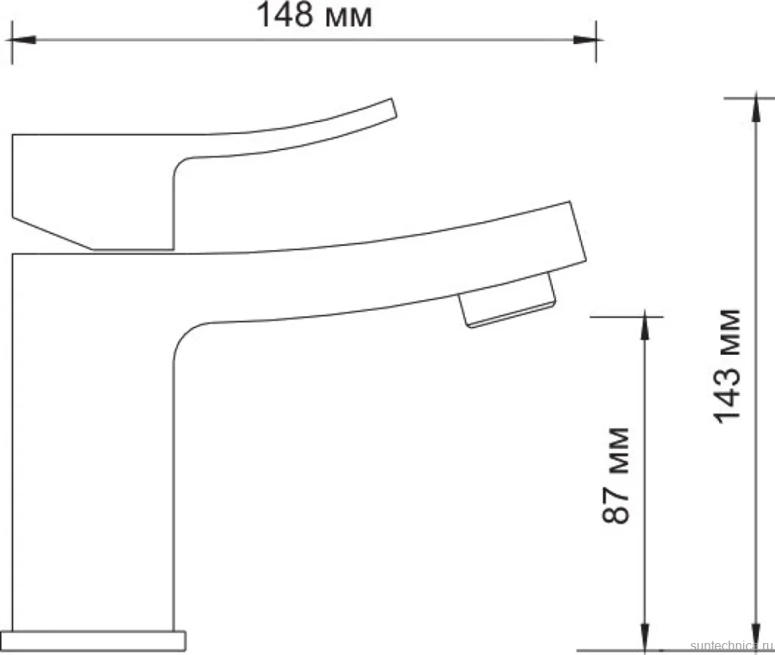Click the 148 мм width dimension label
point(314,15)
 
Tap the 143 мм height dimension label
point(728,366)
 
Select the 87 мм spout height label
point(616,475)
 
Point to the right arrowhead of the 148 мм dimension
point(585,39)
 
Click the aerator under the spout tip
point(507,300)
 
